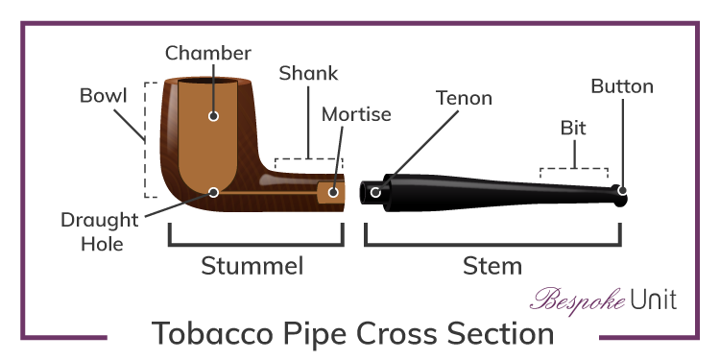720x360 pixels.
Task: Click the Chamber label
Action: [207, 52]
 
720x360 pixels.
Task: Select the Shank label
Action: [307, 73]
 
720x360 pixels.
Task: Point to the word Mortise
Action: [356, 114]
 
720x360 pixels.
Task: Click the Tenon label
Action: [464, 98]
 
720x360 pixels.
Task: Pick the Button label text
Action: [622, 86]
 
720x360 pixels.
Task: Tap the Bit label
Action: [573, 127]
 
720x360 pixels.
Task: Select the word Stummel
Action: [252, 265]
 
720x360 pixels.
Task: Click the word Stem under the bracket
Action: [492, 265]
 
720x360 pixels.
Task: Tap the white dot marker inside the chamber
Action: [213, 116]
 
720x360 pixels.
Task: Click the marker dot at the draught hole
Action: [213, 192]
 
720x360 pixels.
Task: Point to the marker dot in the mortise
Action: [333, 192]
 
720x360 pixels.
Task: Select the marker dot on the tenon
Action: [375, 192]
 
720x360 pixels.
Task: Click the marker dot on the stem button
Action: [622, 192]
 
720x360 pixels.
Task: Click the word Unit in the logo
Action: [654, 300]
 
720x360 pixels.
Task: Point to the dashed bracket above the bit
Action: [574, 170]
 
